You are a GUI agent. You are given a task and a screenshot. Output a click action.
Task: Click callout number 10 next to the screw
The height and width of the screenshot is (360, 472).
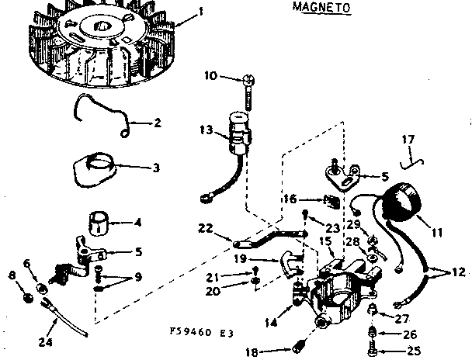click(x=210, y=75)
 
